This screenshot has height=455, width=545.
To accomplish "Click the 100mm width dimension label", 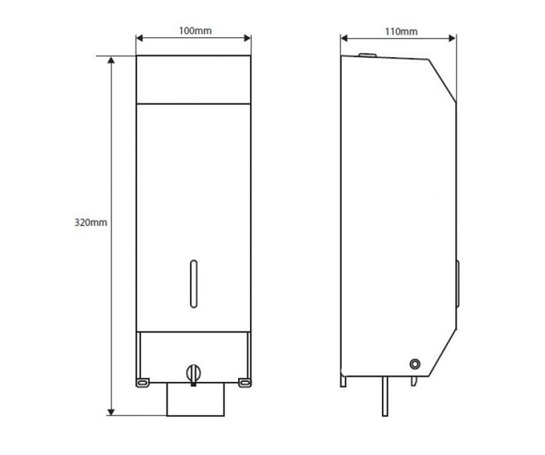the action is pyautogui.click(x=195, y=31).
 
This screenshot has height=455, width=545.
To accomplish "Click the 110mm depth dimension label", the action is pyautogui.click(x=401, y=32).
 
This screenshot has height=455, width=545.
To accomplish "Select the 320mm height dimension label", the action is pyautogui.click(x=90, y=222).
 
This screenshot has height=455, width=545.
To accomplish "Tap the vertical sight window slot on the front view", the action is pyautogui.click(x=193, y=284).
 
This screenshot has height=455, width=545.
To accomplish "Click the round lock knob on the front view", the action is pyautogui.click(x=193, y=374).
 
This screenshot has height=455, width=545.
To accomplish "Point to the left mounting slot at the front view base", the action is pyautogui.click(x=143, y=383).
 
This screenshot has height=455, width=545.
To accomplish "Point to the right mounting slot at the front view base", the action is pyautogui.click(x=245, y=383).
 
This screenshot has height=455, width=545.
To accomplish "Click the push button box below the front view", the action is pyautogui.click(x=195, y=399).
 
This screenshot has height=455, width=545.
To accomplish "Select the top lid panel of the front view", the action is pyautogui.click(x=193, y=80).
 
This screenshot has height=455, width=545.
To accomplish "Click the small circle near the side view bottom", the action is pyautogui.click(x=415, y=364).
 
